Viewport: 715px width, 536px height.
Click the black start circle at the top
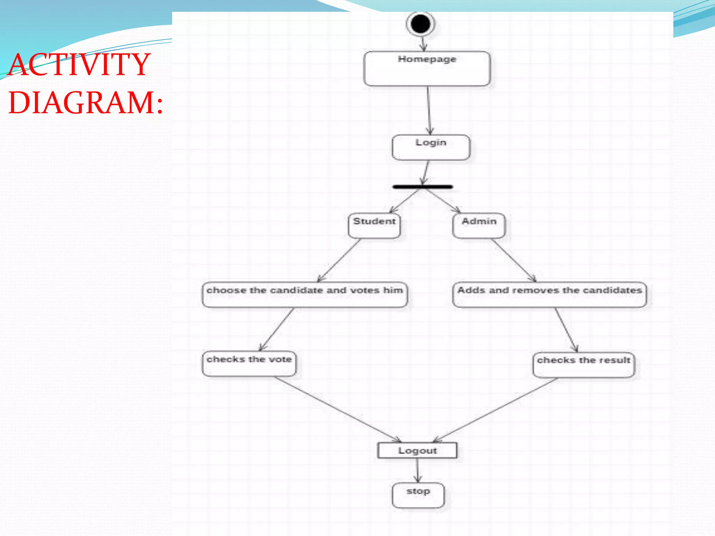(x=420, y=24)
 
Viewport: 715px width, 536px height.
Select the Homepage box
(x=427, y=69)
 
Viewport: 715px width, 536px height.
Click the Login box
(x=431, y=147)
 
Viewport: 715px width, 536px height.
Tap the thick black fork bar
(x=422, y=187)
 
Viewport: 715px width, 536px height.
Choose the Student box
(x=374, y=225)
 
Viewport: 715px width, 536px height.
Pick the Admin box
(x=479, y=225)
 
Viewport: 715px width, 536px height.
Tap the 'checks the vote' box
(x=249, y=364)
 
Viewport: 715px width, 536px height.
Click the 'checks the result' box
(x=583, y=365)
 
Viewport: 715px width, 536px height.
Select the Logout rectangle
(x=417, y=450)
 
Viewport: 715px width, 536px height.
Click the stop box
(x=418, y=495)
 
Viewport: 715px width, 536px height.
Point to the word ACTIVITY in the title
(x=80, y=65)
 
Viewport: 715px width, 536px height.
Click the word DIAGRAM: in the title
(x=86, y=103)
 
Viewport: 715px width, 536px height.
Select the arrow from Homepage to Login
(x=429, y=110)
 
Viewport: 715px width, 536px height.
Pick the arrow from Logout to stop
(x=417, y=470)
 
